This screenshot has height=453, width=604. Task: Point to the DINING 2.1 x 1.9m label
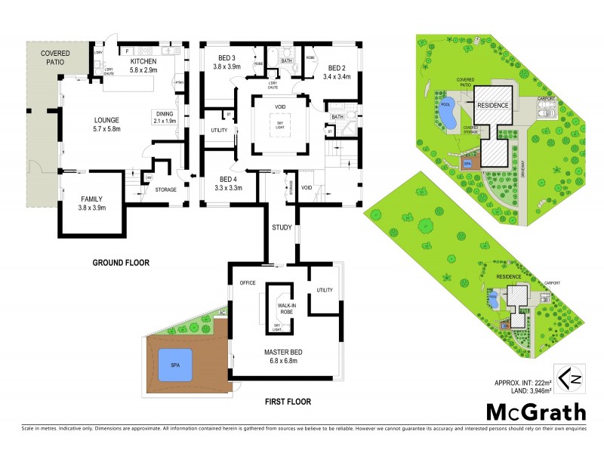click(165, 116)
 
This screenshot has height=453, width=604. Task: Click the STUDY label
click(282, 227)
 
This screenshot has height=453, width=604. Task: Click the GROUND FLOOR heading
click(120, 263)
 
